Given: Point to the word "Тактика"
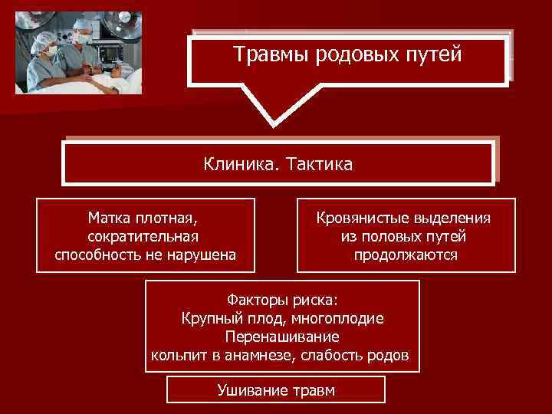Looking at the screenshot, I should [x=318, y=163].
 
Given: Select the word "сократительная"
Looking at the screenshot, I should [x=145, y=236].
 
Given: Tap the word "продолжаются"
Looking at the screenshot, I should [x=406, y=255].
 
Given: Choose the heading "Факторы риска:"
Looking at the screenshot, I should [x=283, y=299].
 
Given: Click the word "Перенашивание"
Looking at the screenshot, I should [x=283, y=337].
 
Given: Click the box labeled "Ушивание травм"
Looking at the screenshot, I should [x=276, y=390].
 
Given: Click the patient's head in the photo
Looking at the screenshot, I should [x=115, y=71].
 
